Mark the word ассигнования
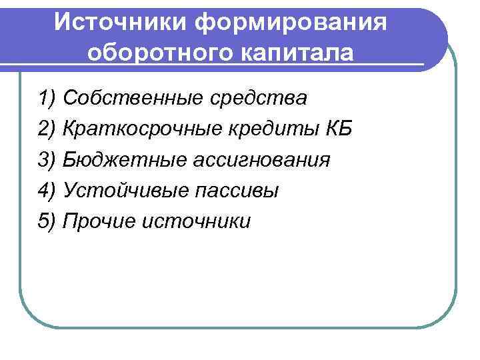(259, 160)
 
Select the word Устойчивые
(124, 191)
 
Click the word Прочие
(98, 221)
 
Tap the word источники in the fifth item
(196, 221)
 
